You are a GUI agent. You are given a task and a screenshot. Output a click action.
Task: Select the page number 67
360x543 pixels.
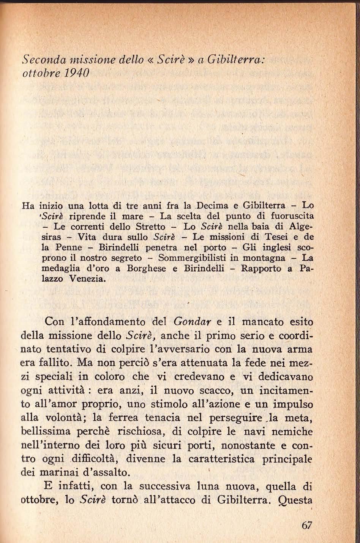[x=306, y=526]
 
